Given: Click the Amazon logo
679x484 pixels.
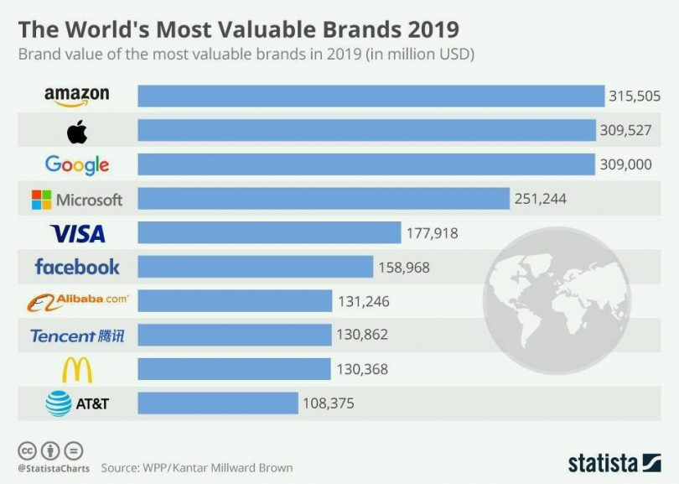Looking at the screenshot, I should coord(77,96).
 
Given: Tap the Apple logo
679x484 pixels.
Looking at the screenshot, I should coord(77,131).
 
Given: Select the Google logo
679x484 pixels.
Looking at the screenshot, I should coord(77,164).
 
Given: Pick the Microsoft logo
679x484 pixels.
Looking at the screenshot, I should coord(77,200).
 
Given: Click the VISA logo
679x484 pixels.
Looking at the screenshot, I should coord(77,233).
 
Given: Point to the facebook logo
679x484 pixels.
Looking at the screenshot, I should coord(77,268).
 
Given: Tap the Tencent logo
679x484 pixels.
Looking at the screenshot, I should coord(77,336).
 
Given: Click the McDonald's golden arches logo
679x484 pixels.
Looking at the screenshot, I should coord(77,369).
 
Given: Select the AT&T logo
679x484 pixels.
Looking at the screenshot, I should coord(77,403).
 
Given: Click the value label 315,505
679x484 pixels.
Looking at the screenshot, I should coord(635,96).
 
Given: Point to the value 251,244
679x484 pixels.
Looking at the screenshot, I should coord(540,199).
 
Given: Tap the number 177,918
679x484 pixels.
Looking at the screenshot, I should coord(432,233).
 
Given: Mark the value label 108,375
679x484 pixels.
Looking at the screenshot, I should coord(328,403).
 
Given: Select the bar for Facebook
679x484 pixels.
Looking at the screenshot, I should coord(255,268).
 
